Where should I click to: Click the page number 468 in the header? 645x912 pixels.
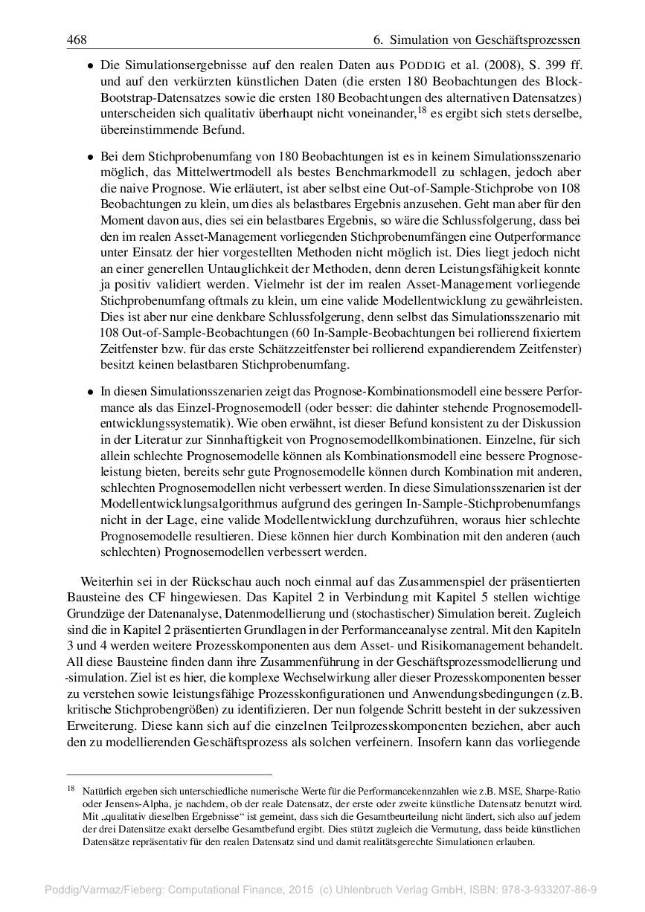click(x=77, y=39)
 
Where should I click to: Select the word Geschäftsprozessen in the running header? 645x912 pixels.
click(x=528, y=39)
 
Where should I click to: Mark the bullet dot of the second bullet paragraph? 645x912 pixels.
click(x=90, y=158)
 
